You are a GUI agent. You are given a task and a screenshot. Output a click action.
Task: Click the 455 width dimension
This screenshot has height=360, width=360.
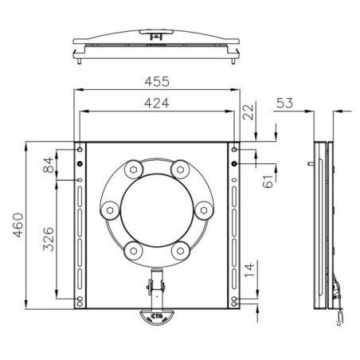(156, 81)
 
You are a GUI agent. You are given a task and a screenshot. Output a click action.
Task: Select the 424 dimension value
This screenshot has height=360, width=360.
(156, 102)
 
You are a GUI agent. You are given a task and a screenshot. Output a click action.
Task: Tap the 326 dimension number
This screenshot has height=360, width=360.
(49, 237)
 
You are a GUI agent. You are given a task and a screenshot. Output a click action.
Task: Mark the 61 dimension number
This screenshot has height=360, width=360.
(267, 181)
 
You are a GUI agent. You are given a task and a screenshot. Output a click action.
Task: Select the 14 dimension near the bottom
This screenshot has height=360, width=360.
(251, 271)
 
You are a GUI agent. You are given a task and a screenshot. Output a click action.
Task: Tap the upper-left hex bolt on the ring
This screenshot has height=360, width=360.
(132, 170)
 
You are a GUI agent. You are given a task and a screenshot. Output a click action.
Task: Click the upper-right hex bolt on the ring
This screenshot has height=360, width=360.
(182, 170)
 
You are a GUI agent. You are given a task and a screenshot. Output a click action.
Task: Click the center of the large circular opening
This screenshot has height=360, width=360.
(157, 211)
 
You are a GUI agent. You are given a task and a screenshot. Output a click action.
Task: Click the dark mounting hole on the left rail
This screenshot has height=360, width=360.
(80, 164)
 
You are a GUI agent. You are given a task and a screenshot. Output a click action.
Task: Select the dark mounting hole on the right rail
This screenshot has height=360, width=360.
(234, 164)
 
